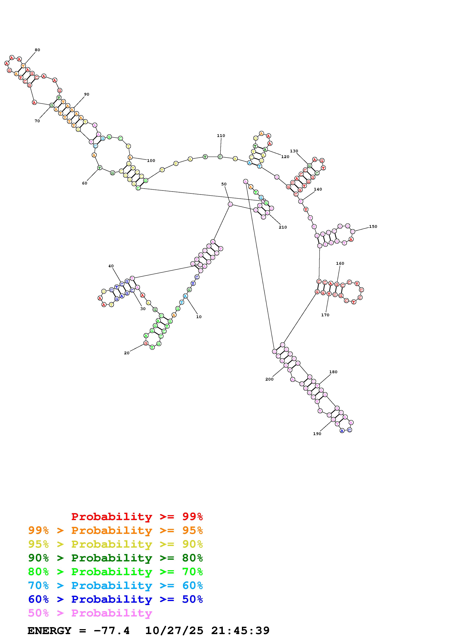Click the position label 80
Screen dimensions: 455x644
click(37, 50)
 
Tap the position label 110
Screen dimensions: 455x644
click(221, 135)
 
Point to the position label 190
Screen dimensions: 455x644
click(317, 434)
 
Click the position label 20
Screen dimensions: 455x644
click(127, 353)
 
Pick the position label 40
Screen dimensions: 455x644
click(111, 266)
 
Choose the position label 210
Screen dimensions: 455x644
click(283, 227)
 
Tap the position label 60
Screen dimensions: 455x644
click(85, 183)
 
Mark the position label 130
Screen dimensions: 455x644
click(294, 151)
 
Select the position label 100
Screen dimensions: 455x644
click(151, 161)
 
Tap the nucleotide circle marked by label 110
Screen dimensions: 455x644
click(220, 157)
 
